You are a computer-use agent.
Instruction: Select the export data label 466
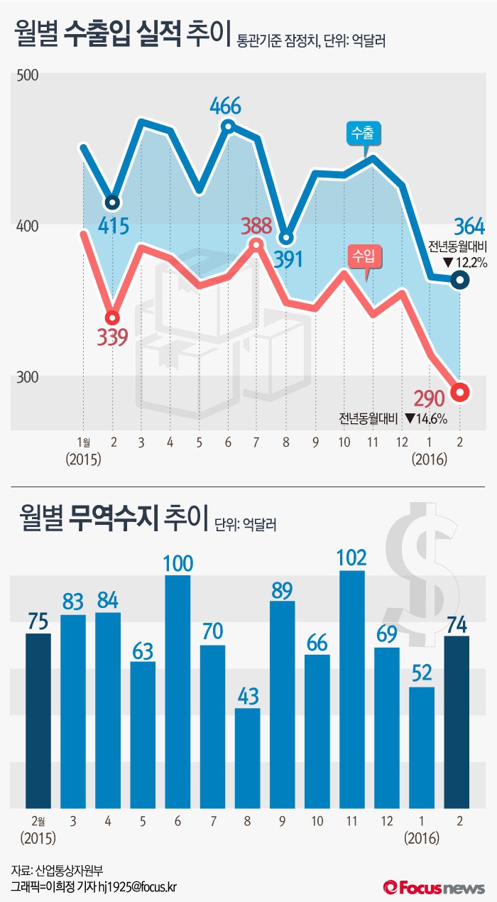(226, 107)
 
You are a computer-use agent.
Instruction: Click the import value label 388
(256, 227)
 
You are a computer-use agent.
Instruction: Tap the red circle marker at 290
(460, 392)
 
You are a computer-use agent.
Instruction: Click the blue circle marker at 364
(460, 281)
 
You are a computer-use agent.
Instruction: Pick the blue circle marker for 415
(112, 202)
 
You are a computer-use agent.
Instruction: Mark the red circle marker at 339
(112, 317)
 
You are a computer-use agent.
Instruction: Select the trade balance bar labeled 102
(352, 689)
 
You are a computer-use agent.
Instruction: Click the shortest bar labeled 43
(247, 758)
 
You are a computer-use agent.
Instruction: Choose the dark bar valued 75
(38, 720)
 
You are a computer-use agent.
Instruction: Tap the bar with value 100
(177, 691)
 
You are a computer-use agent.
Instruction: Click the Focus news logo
(434, 887)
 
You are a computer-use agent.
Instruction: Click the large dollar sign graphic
(413, 561)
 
